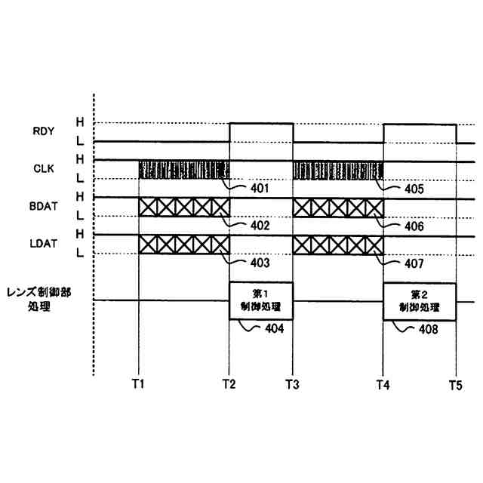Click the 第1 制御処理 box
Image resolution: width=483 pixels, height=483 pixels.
(x=260, y=301)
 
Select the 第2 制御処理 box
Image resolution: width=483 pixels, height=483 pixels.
(x=420, y=301)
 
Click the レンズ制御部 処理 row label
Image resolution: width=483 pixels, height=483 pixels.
(x=38, y=300)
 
